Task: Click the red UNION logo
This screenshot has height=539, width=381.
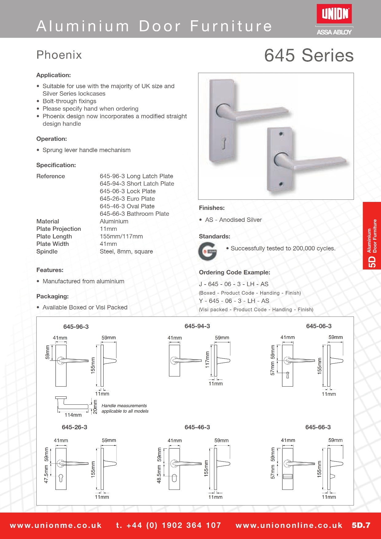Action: [x=334, y=14]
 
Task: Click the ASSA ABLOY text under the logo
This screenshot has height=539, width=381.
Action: [x=334, y=32]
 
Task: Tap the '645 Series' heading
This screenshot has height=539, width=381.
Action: [x=309, y=55]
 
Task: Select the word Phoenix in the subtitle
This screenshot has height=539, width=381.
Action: [x=59, y=55]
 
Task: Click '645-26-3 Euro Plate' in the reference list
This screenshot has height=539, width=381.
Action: [x=127, y=199]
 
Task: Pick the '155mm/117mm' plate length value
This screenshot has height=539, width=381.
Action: [x=121, y=236]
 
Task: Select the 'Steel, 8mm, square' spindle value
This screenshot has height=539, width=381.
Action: [x=126, y=251]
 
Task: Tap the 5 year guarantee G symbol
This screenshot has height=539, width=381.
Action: [x=208, y=251]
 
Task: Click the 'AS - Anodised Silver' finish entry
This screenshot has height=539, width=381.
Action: [x=233, y=220]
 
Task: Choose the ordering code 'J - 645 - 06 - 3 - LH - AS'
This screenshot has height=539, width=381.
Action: [x=234, y=284]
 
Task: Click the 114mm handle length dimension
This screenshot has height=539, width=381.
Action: [x=73, y=415]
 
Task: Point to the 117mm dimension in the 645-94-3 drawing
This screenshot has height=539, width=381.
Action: [x=207, y=360]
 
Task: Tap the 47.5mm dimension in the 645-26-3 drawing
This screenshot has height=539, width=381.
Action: [x=46, y=474]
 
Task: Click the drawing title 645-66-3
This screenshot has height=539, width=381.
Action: [x=318, y=427]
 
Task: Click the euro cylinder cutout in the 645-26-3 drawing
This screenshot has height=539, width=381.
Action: [x=61, y=478]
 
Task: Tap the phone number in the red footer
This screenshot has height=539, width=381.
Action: [x=169, y=525]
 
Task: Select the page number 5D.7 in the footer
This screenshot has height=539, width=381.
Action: [x=361, y=525]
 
